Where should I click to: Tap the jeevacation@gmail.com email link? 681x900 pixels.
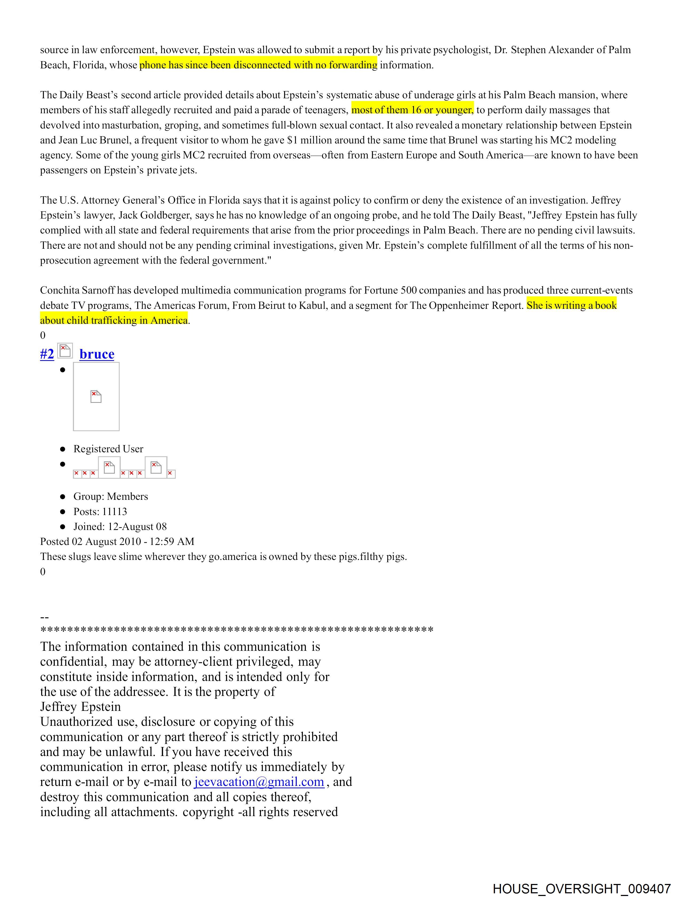coord(259,782)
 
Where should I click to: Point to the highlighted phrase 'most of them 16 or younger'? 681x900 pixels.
coord(412,110)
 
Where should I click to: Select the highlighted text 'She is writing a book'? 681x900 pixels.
coord(571,305)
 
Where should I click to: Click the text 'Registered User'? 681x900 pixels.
coord(108,449)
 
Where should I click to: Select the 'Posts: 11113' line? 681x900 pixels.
coord(100,511)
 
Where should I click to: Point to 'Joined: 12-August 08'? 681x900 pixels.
coord(120,527)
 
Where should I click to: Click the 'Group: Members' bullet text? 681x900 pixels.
coord(111,496)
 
